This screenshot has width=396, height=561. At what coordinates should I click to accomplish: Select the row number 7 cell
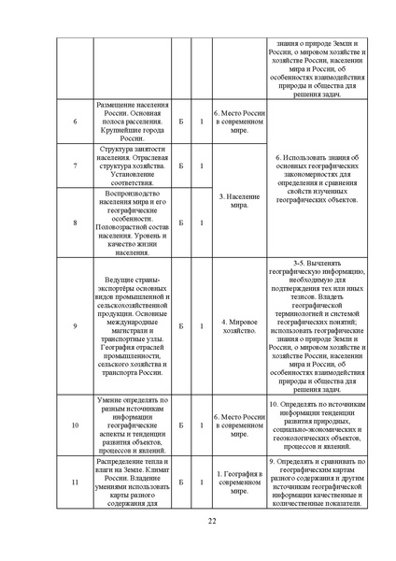(x=75, y=166)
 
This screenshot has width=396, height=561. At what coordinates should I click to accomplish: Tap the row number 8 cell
(x=75, y=223)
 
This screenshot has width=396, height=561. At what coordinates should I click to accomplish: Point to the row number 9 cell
(x=75, y=326)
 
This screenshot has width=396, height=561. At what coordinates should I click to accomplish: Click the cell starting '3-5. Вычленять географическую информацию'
(x=314, y=326)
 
